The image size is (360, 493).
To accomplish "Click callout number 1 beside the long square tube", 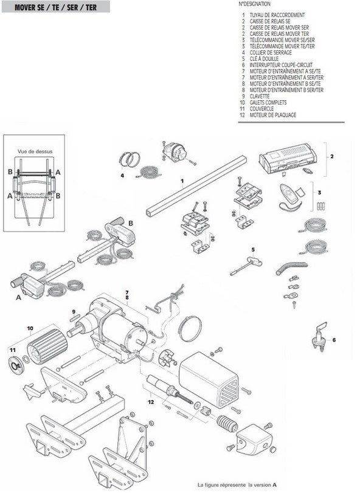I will (x=182, y=181).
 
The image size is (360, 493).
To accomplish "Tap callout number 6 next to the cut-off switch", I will (x=333, y=339).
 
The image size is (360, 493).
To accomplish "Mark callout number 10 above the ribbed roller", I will (x=28, y=328).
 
